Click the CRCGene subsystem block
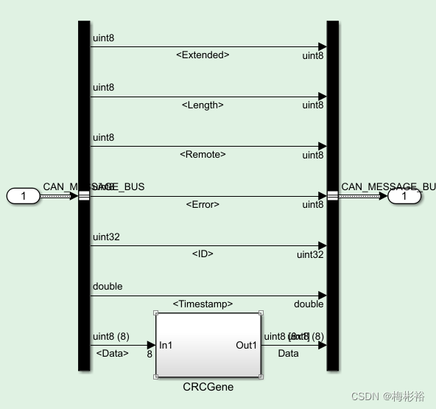[208, 345]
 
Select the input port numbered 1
[24, 196]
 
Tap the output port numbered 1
[404, 197]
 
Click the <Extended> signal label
[203, 55]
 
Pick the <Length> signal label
[203, 105]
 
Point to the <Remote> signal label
[203, 155]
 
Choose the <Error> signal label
[203, 205]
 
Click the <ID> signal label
[203, 254]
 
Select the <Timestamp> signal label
[203, 304]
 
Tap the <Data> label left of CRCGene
[113, 354]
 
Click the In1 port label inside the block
[166, 345]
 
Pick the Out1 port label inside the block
[246, 345]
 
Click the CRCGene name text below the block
[208, 386]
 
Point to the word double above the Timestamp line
[108, 287]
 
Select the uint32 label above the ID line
[107, 237]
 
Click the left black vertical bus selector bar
[83, 111]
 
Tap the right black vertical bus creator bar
[332, 111]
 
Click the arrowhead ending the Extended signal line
[322, 47]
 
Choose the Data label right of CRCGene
[288, 354]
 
